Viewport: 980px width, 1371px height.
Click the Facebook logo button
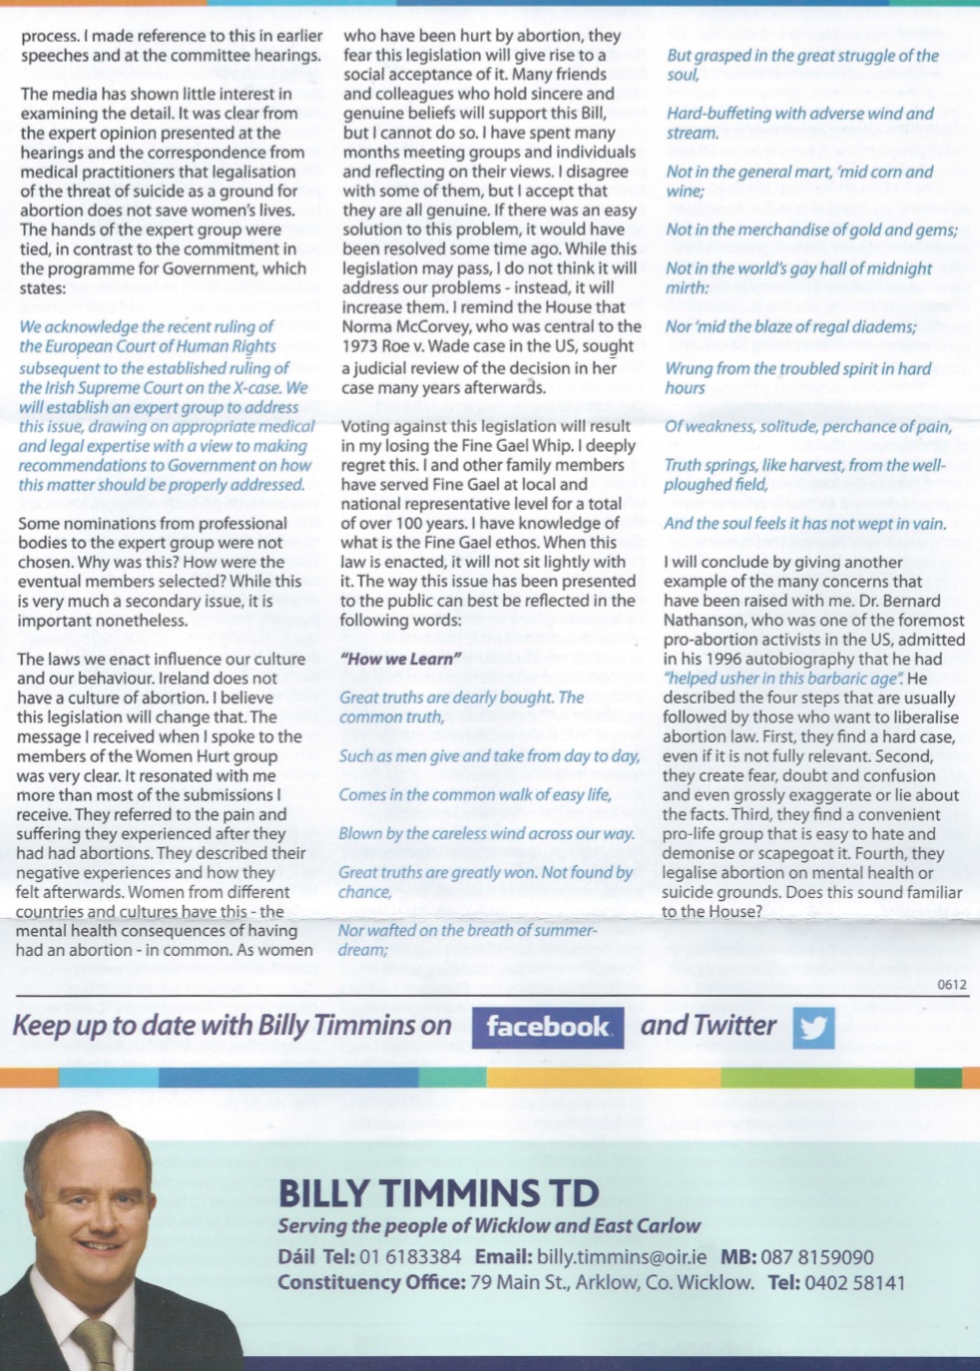547,1027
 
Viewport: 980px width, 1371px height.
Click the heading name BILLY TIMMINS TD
438,1192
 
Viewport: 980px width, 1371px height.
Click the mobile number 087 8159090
816,1257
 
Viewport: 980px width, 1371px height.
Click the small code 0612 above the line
952,985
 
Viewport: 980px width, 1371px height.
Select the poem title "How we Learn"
401,659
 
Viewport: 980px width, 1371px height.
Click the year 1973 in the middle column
361,346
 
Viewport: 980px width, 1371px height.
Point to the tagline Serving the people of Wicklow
489,1225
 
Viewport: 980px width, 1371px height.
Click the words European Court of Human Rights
148,346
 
